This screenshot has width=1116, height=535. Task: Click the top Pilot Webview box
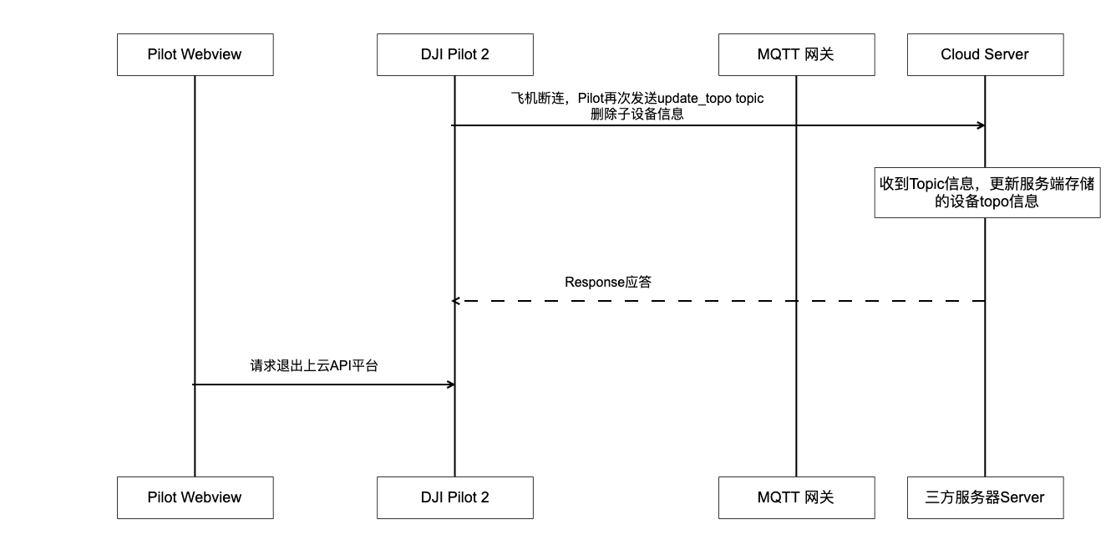click(195, 54)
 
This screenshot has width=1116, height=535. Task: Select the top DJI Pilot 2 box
click(455, 54)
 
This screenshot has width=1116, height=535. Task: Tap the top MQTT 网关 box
click(796, 54)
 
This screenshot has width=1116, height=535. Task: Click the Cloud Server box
click(985, 54)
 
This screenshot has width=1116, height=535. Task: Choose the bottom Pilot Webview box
click(195, 497)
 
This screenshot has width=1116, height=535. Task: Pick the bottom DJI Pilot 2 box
click(455, 497)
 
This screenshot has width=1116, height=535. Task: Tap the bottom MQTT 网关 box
click(796, 497)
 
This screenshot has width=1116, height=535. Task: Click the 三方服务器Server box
click(985, 497)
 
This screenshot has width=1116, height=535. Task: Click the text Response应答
click(608, 282)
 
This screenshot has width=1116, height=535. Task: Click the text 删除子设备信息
click(637, 115)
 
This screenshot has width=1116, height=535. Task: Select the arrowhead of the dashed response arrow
click(456, 301)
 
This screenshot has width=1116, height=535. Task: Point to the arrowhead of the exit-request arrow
click(451, 385)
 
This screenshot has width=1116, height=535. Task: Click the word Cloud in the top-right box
click(958, 54)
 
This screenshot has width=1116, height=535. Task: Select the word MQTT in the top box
click(778, 54)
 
